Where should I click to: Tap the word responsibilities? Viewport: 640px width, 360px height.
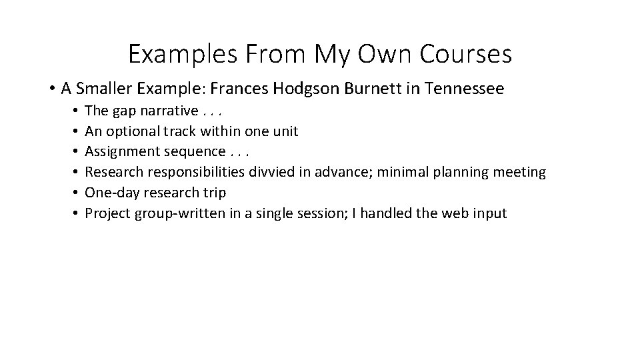191,172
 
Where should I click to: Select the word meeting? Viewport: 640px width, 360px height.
519,172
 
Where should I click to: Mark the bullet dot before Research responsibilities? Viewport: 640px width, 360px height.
78,172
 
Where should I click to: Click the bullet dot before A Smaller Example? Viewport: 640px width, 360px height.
51,88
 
